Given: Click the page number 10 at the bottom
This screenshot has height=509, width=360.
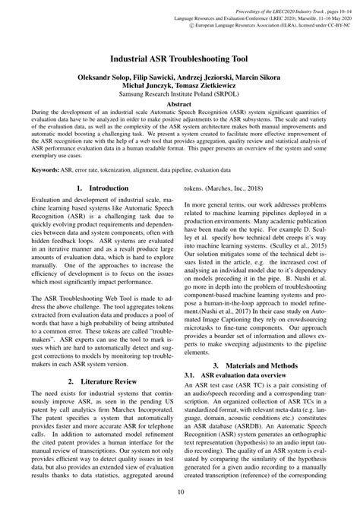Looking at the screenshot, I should click(179, 492).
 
